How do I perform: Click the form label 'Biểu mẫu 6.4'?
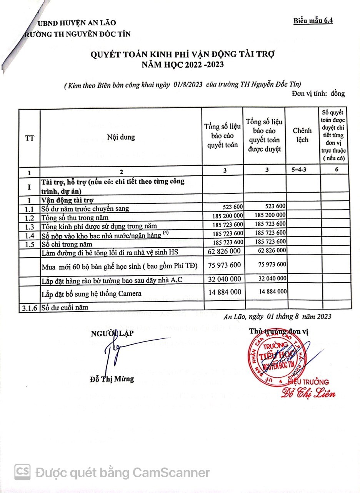(313, 20)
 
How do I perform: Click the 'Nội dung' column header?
(121, 137)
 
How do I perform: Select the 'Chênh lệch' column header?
(302, 135)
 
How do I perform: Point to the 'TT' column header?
(29, 138)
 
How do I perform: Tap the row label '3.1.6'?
(29, 307)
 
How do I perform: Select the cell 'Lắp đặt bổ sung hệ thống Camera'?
(91, 294)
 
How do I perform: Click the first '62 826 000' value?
(225, 251)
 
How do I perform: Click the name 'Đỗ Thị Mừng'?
(112, 379)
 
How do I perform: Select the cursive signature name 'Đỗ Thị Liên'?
(308, 393)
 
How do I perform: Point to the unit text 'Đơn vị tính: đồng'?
(318, 93)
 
